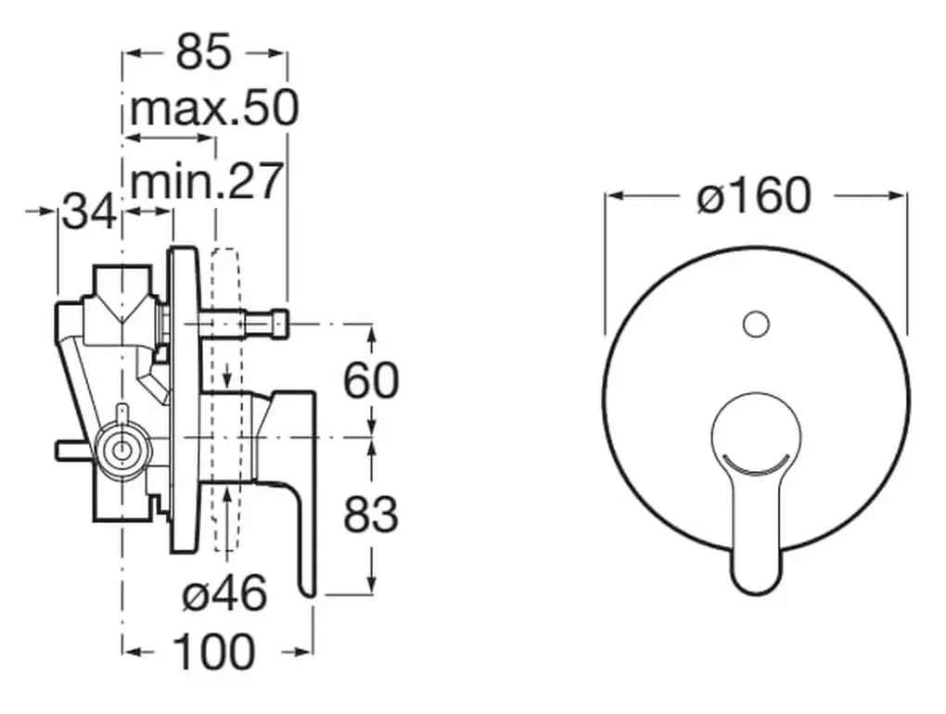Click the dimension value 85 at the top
203,54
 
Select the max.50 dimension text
213,109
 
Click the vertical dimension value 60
371,380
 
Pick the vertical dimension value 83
371,515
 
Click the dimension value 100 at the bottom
214,652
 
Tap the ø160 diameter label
754,196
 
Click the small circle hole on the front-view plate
756,324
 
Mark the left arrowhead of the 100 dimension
131,652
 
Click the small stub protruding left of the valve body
70,450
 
